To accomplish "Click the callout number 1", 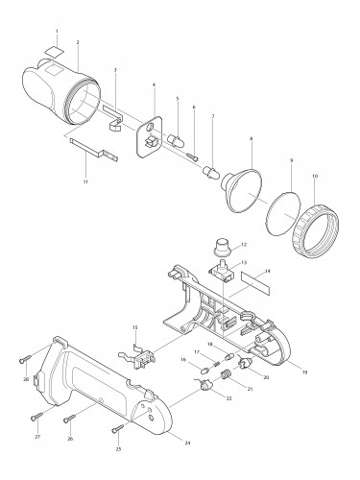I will click(x=57, y=32).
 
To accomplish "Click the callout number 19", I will click(x=304, y=372).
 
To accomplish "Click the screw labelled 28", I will click(x=22, y=360).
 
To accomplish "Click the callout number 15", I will click(x=135, y=327).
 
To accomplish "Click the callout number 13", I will click(x=244, y=262).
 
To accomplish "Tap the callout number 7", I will click(x=212, y=116).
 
